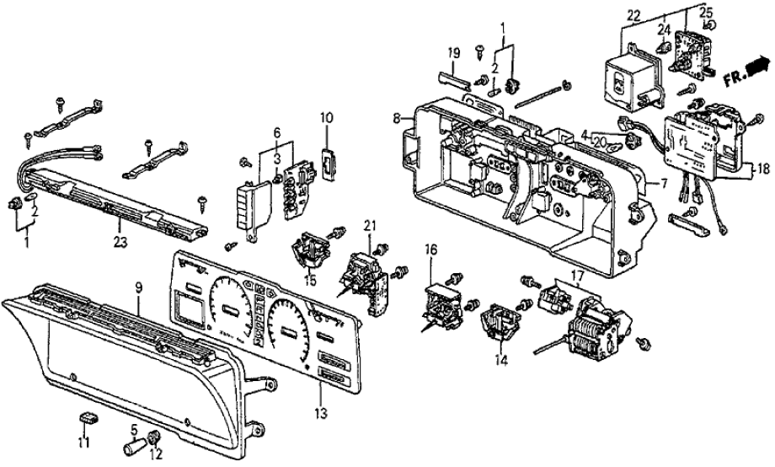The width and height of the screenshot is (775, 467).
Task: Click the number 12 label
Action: click(155, 456)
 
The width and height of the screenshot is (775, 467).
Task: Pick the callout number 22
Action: click(633, 16)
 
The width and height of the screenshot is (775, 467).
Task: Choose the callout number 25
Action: click(705, 12)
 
